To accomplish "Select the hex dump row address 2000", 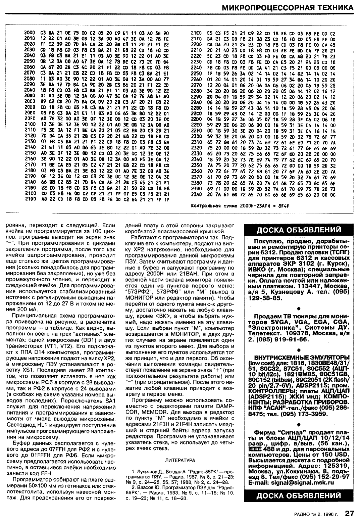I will pyautogui.click(x=30, y=33).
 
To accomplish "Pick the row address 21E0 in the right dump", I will pyautogui.click(x=196, y=33).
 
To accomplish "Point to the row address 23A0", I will pyautogui.click(x=196, y=194).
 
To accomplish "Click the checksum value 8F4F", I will pyautogui.click(x=284, y=205).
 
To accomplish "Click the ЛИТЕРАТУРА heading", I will pyautogui.click(x=180, y=460).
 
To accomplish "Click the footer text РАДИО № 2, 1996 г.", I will pyautogui.click(x=317, y=514).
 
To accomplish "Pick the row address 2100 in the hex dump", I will pyautogui.click(x=30, y=124).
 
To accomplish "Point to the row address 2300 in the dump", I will pyautogui.click(x=196, y=136).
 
